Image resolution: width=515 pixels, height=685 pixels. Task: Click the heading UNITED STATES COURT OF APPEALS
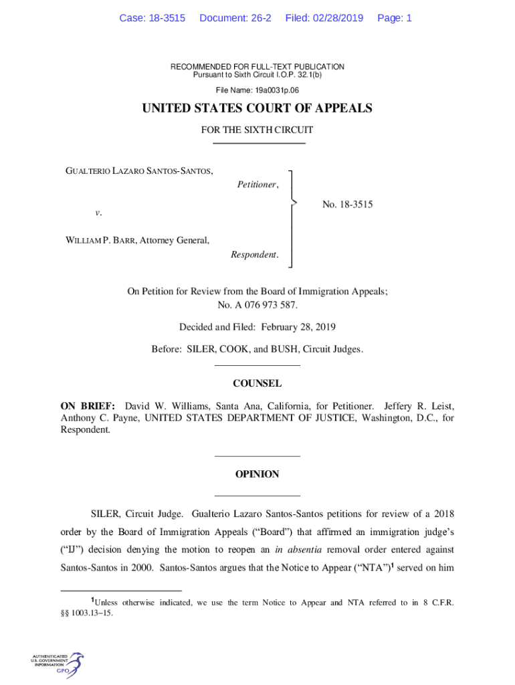pos(257,108)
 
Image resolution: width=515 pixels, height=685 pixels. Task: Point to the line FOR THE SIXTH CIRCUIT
pos(257,130)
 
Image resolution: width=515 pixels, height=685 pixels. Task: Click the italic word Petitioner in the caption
pos(257,185)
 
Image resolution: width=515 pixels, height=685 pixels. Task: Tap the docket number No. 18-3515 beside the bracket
pos(347,205)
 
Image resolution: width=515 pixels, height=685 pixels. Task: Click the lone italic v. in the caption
pos(98,213)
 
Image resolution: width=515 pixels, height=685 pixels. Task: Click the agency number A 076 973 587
pos(265,305)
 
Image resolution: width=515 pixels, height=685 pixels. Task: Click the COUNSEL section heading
pos(257,384)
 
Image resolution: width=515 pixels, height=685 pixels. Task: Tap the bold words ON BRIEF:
pos(88,406)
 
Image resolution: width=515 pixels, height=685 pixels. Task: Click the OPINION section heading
pos(257,474)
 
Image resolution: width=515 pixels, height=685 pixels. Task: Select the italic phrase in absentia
pos(300,549)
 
